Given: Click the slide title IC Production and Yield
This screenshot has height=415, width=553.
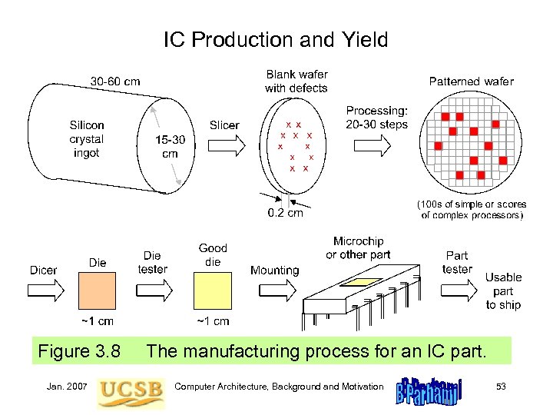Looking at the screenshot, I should pos(276,39).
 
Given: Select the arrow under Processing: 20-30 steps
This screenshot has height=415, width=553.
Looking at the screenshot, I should pos(376,144).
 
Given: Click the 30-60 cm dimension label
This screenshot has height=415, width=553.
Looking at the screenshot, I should pos(115,81).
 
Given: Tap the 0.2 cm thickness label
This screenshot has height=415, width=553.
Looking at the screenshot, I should pos(285,213).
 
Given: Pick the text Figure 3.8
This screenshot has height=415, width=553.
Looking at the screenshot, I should pos(79,352).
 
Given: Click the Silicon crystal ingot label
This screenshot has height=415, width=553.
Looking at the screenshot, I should pos(87,139).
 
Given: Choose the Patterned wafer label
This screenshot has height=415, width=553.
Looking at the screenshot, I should pos(471,81).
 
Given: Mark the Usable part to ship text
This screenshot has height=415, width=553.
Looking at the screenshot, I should pos(503,290).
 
